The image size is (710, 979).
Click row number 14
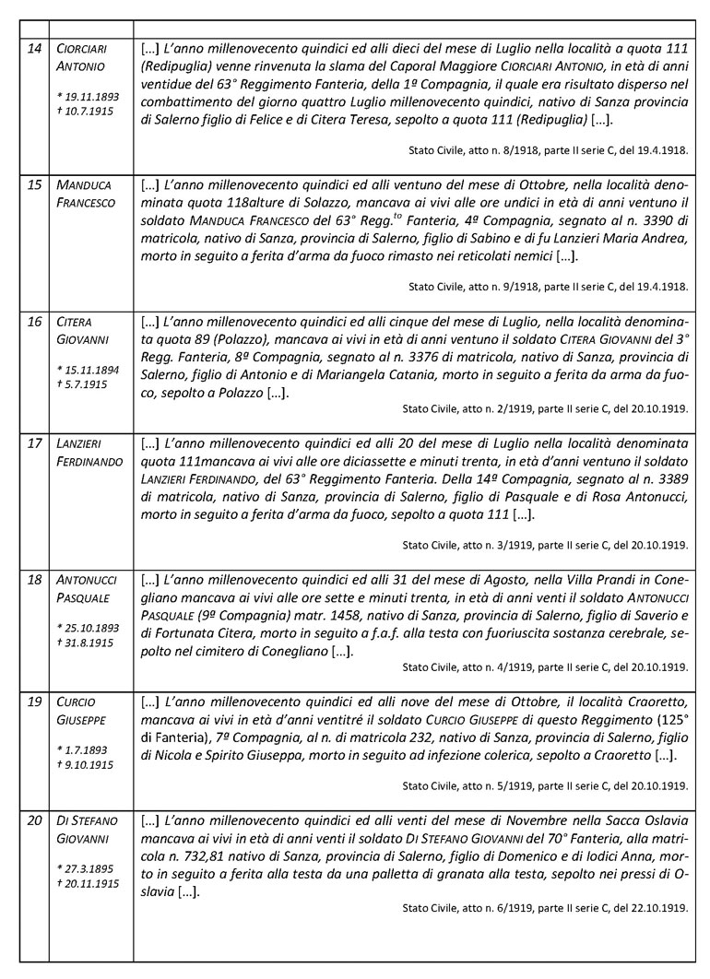[34, 48]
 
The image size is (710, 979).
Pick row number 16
[34, 321]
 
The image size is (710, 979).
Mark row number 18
[34, 580]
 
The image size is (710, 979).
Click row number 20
[34, 820]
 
